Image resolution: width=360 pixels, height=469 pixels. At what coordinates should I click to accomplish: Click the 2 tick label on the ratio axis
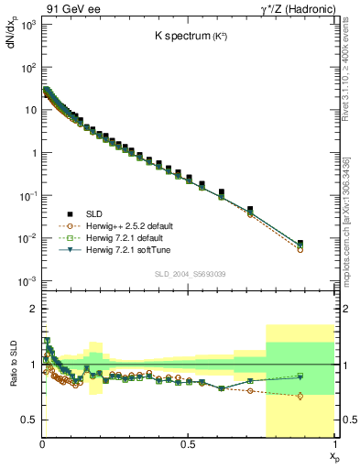pos(33,309)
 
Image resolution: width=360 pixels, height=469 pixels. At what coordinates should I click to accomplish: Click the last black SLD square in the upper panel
pos(300,244)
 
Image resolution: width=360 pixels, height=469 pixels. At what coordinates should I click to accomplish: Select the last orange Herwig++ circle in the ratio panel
pos(300,396)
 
